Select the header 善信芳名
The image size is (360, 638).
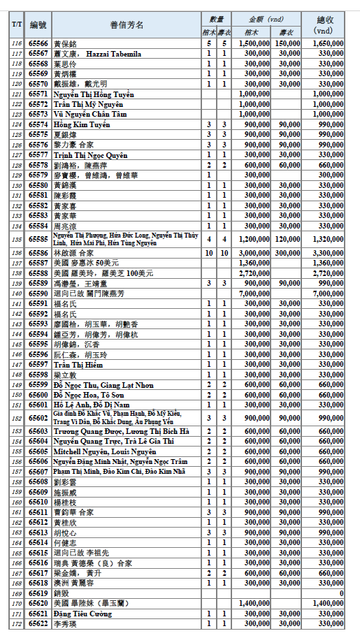point(127,25)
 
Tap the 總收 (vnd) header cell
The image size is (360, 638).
point(323,25)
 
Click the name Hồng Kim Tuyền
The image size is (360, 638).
point(81,124)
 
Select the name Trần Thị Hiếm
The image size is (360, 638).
point(78,364)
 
